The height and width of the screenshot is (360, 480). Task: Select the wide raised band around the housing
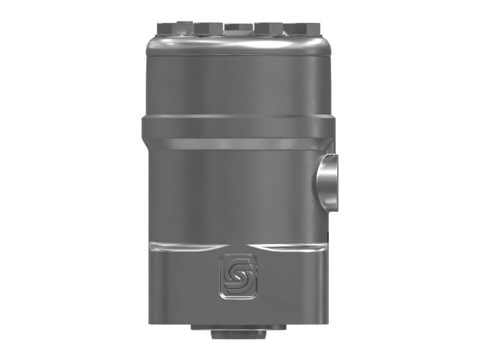[237, 128]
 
